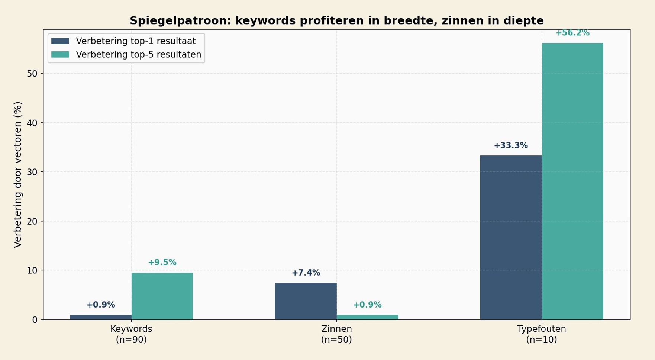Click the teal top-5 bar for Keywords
[x=162, y=296]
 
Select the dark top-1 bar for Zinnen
[x=306, y=301]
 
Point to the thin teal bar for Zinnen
[x=367, y=317]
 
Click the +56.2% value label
[x=572, y=33]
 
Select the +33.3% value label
[x=511, y=146]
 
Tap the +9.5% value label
[x=162, y=263]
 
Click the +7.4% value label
[x=306, y=273]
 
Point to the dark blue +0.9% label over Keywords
[x=101, y=305]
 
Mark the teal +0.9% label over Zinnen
[x=367, y=305]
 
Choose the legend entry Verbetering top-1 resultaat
[x=136, y=41]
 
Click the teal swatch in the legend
[x=60, y=55]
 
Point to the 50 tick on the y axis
[x=32, y=74]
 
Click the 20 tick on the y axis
[x=32, y=221]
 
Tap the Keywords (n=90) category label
[x=131, y=334]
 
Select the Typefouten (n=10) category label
[x=542, y=334]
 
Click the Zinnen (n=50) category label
[x=336, y=334]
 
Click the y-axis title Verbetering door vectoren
[x=18, y=174]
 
